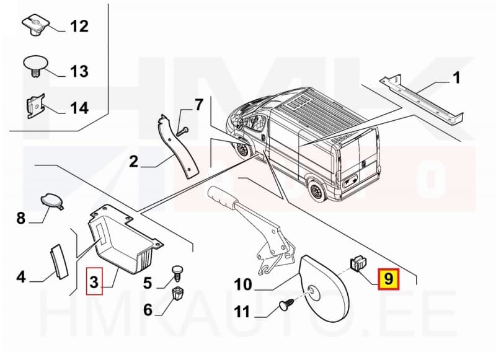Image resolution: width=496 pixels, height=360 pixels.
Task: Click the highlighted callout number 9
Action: [x=388, y=279]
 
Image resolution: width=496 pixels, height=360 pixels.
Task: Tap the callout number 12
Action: [x=79, y=27]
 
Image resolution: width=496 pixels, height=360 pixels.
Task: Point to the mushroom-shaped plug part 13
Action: [x=36, y=66]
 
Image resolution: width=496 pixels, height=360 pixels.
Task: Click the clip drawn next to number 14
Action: [x=36, y=105]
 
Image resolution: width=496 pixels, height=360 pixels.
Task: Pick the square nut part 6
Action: [x=178, y=292]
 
